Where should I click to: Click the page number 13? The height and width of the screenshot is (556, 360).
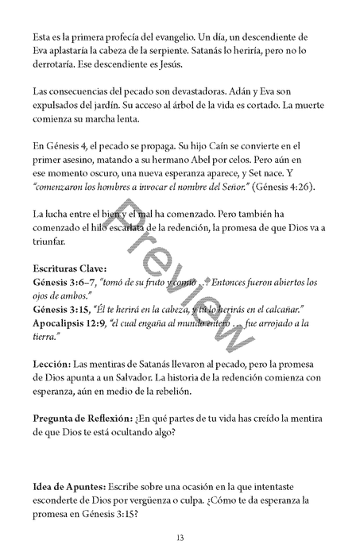(x=180, y=538)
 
